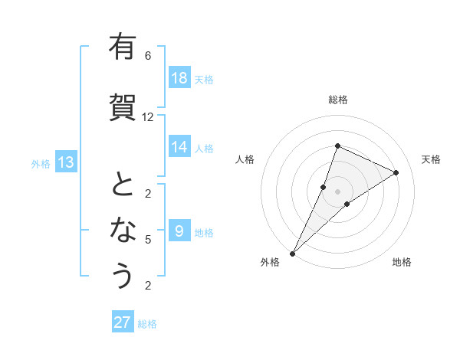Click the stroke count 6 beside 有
pos(148,56)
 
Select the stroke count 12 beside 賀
pos(148,116)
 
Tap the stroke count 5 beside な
pos(148,240)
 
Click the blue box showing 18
pos(179,78)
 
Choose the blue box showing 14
pos(179,147)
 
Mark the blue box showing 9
pos(179,231)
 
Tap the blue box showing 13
pos(65,162)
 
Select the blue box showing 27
pos(123,322)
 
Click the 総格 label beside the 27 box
pos(147,324)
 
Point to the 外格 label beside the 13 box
pos(41,163)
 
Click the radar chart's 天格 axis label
pos(431,159)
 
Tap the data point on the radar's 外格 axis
pos(292,253)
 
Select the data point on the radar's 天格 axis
pos(396,172)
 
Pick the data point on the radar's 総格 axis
pos(337,146)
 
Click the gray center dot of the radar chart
pos(337,191)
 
